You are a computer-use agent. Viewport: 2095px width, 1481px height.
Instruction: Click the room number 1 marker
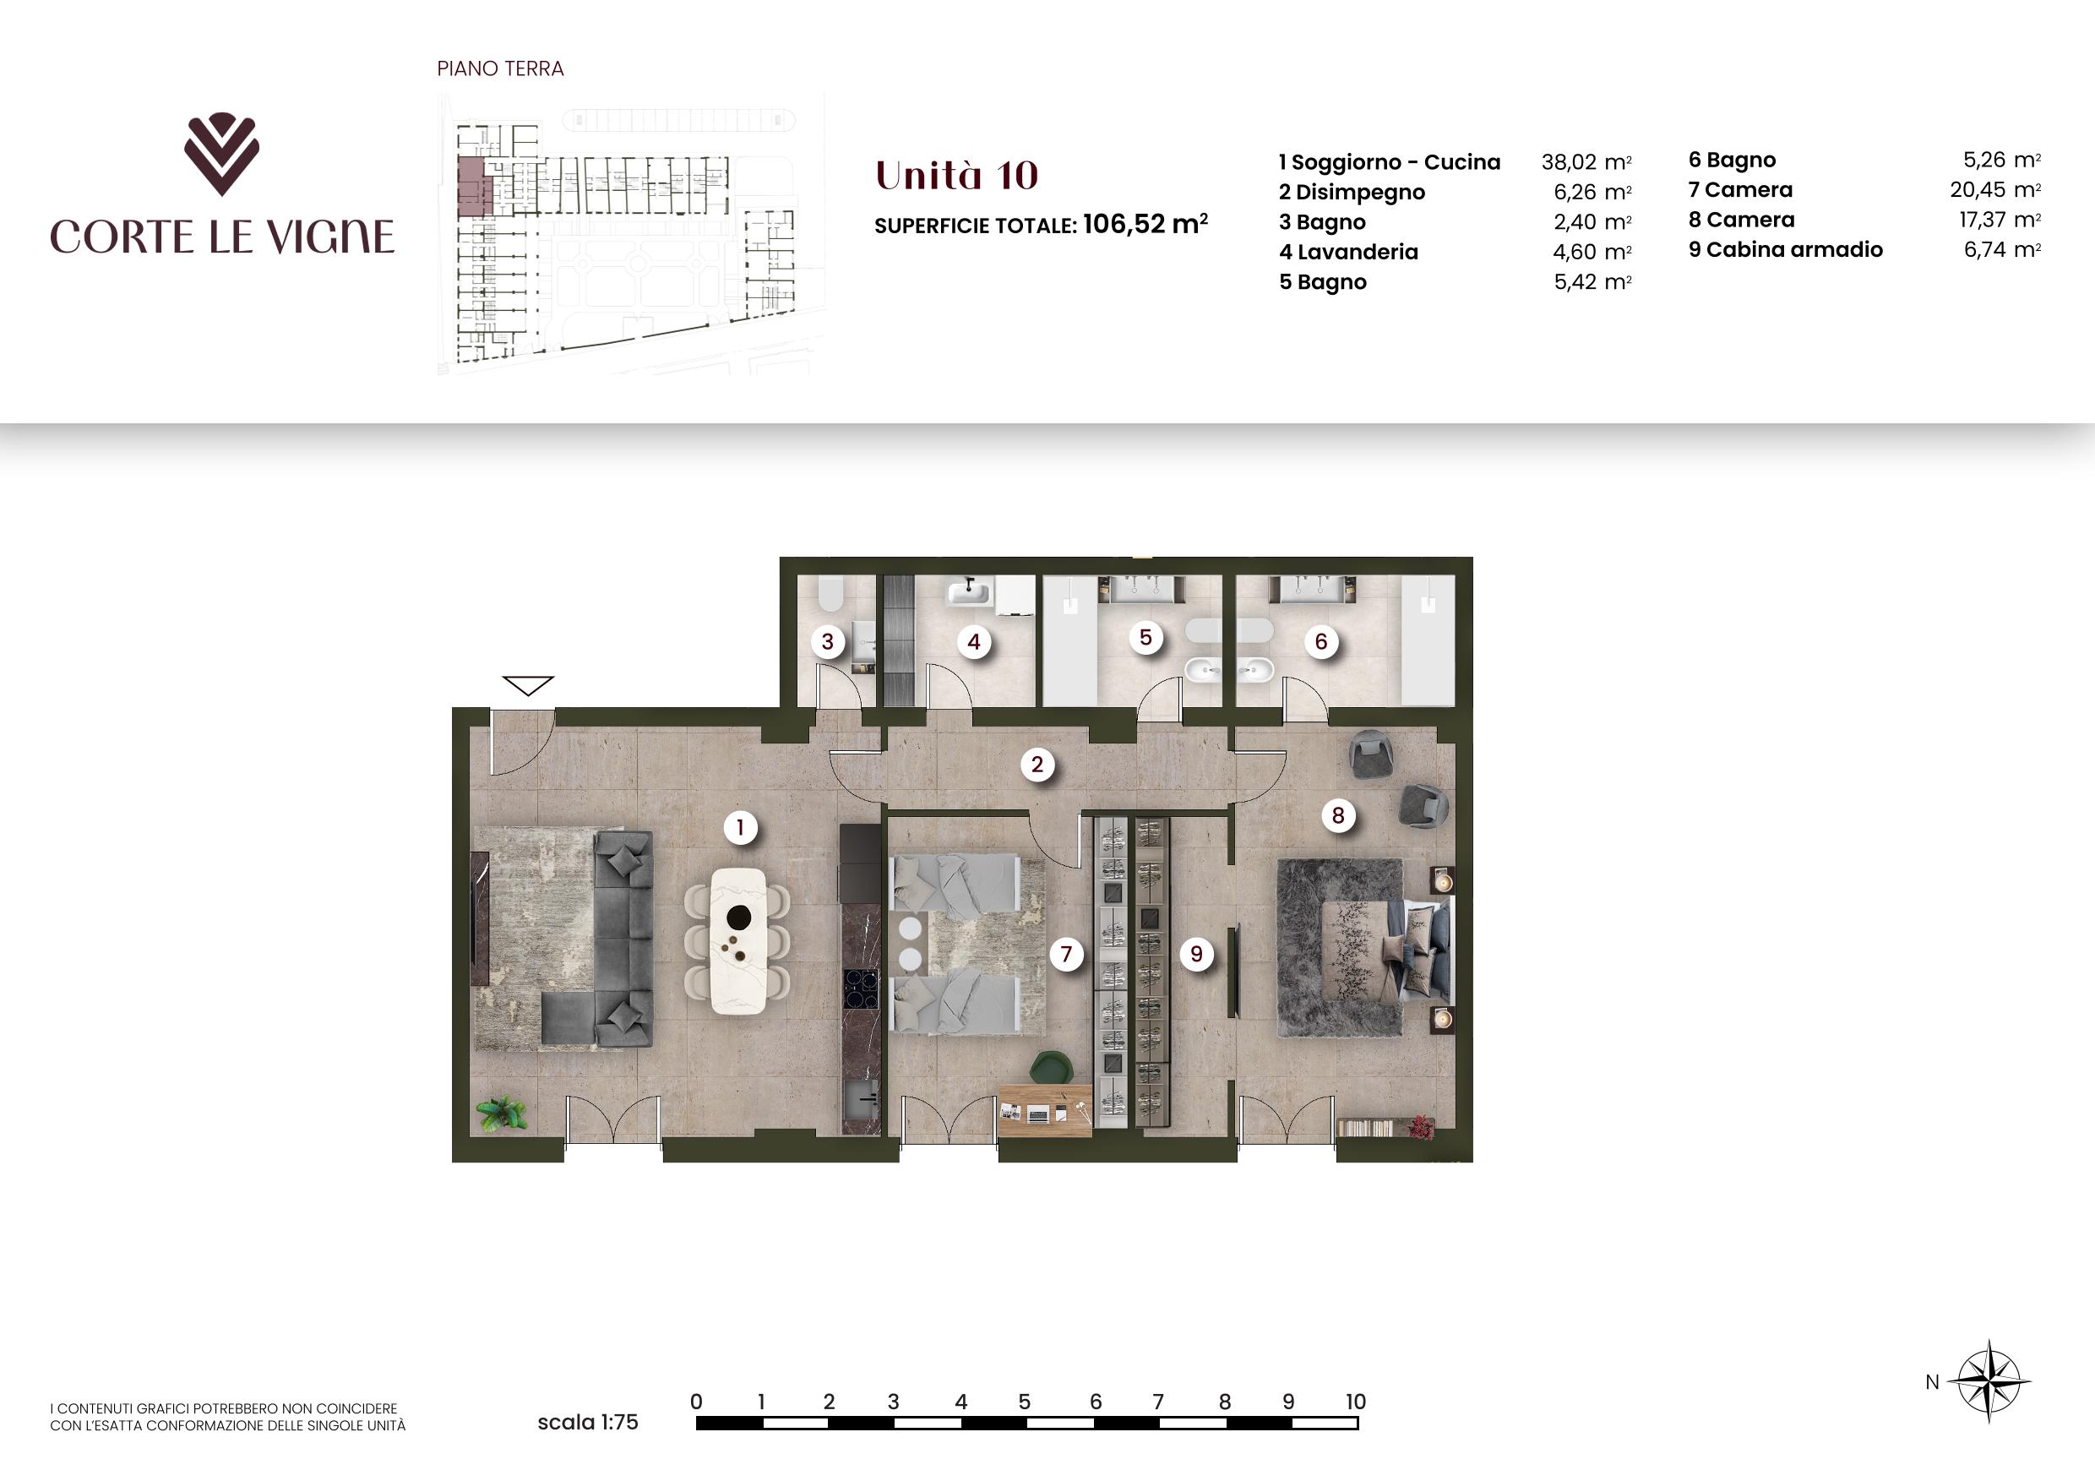pos(740,828)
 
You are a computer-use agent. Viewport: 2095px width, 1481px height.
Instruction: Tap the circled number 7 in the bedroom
pos(1066,955)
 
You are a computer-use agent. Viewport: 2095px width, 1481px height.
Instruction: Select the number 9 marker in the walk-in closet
pos(1196,955)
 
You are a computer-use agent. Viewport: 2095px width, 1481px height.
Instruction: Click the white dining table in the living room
pos(739,941)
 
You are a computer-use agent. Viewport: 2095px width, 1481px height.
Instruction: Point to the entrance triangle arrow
pos(528,685)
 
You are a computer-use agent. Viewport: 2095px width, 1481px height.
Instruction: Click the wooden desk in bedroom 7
pos(1045,1109)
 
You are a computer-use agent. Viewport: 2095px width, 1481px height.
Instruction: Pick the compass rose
pos(1989,1381)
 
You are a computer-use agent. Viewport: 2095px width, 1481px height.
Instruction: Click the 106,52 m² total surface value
pos(1145,224)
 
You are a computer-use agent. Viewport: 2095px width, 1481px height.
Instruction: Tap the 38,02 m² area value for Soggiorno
pos(1586,162)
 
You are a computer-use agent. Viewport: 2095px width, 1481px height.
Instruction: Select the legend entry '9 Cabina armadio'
pos(1785,250)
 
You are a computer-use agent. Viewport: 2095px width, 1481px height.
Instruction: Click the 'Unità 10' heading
pos(956,175)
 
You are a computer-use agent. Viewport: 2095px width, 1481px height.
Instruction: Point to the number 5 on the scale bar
pos(1025,1401)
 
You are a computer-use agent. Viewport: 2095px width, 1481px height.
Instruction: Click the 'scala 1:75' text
pos(588,1422)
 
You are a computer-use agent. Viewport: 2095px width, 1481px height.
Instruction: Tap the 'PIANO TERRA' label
pos(500,68)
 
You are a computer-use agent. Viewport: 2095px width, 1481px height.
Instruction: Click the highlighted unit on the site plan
pos(474,186)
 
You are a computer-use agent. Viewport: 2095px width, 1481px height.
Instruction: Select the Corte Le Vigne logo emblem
pos(221,155)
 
